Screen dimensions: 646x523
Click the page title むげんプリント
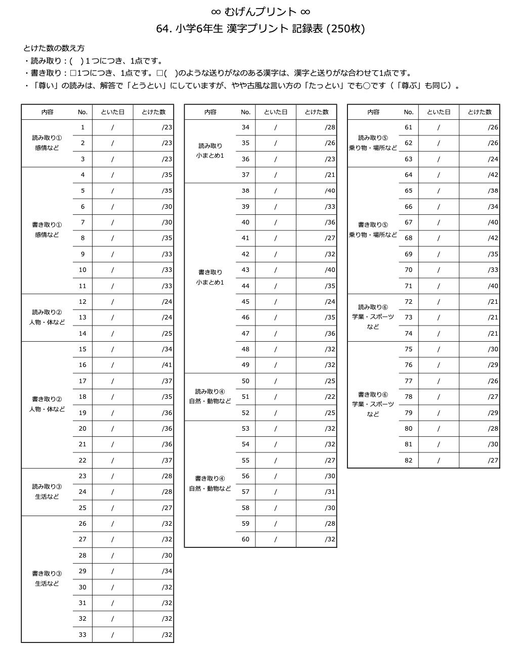(260, 12)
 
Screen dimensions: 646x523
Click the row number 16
(82, 365)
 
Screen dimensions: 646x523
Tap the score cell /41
(167, 365)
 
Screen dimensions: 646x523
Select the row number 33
(82, 635)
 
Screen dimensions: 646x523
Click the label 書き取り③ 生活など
(47, 579)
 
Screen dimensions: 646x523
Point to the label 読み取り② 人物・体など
(47, 317)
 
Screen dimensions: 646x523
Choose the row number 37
(245, 175)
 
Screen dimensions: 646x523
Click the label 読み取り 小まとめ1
(210, 151)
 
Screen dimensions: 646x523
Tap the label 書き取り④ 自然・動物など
(210, 484)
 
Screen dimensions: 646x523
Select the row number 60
(245, 539)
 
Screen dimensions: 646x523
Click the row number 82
(408, 460)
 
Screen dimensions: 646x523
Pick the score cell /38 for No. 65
(493, 191)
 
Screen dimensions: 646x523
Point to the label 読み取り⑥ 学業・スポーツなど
(373, 317)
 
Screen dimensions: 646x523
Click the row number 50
(245, 381)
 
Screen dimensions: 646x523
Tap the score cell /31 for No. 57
(330, 492)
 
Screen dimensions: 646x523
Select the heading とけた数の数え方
(54, 49)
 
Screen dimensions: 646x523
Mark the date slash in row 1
(112, 127)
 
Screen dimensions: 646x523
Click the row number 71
(408, 286)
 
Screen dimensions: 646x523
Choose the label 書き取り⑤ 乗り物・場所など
(373, 230)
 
